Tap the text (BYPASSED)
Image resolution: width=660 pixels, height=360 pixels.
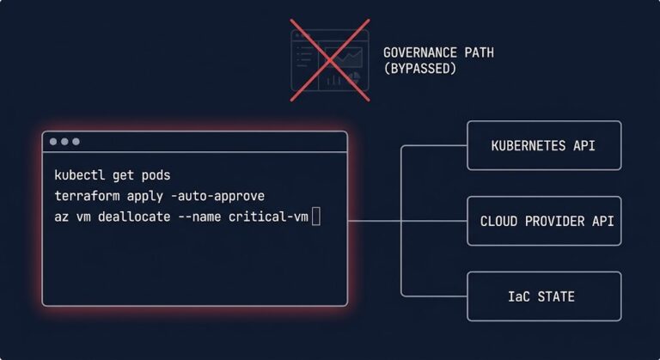pyautogui.click(x=419, y=69)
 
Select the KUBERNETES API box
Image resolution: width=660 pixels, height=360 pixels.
pyautogui.click(x=543, y=146)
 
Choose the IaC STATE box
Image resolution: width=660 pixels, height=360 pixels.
pyautogui.click(x=543, y=296)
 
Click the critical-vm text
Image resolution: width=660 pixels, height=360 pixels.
pyautogui.click(x=268, y=217)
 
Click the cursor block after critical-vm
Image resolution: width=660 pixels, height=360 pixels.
pyautogui.click(x=316, y=217)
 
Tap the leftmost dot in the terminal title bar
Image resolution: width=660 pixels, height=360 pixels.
pyautogui.click(x=53, y=142)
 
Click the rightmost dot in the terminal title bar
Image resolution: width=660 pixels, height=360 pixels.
pyautogui.click(x=76, y=142)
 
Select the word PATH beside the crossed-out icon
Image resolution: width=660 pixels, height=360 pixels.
pyautogui.click(x=477, y=52)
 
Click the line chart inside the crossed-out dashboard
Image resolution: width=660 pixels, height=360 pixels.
pyautogui.click(x=349, y=58)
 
